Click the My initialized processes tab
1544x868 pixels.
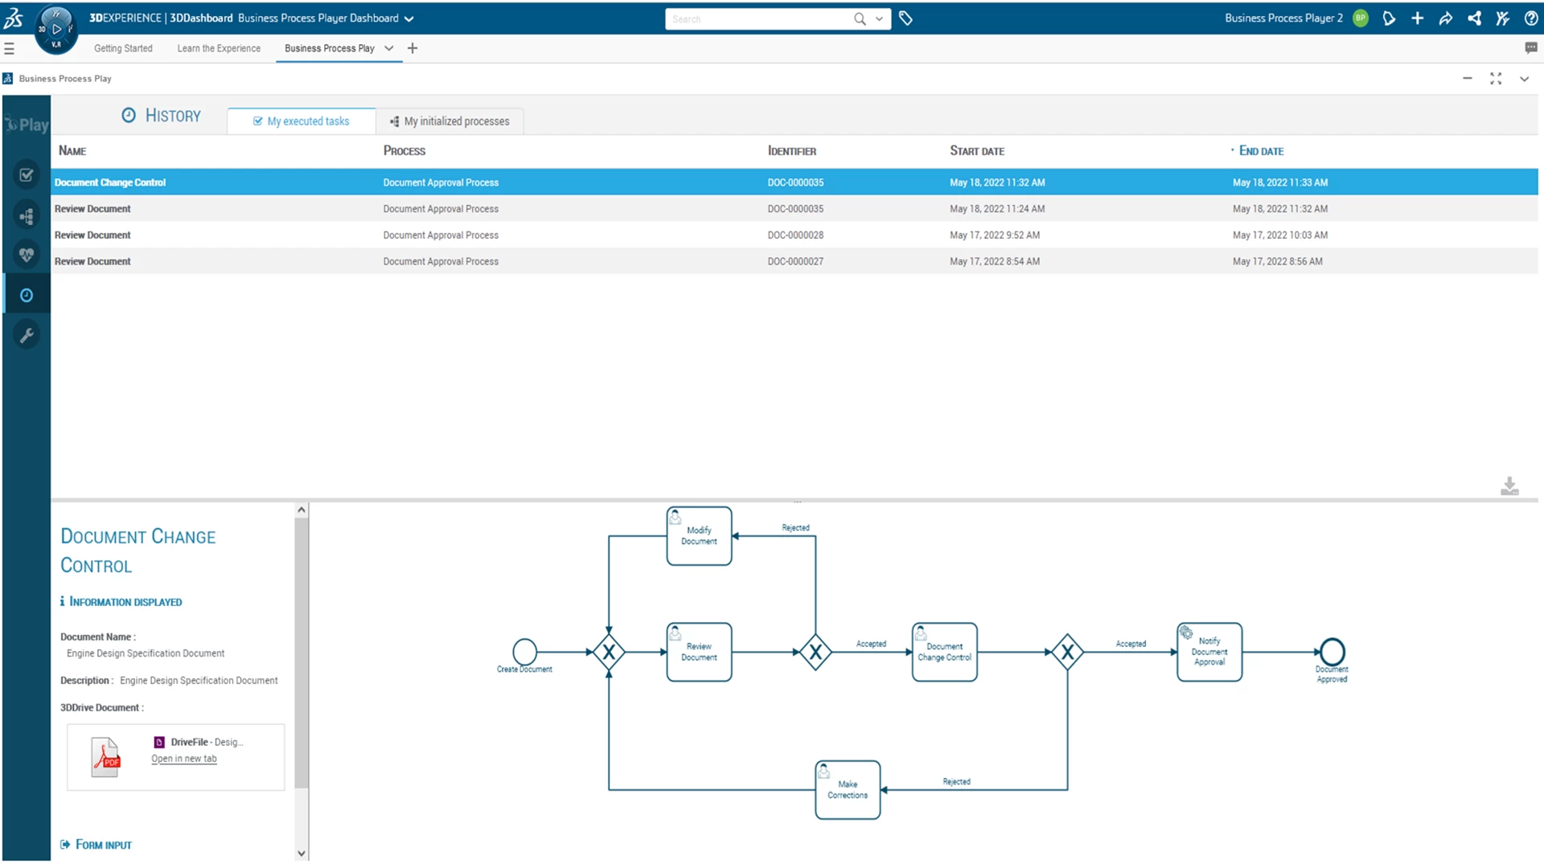pyautogui.click(x=450, y=121)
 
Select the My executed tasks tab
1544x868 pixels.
pyautogui.click(x=302, y=121)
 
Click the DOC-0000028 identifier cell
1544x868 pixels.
pyautogui.click(x=795, y=235)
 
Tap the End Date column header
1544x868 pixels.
pyautogui.click(x=1260, y=151)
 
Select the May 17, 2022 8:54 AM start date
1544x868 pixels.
pyautogui.click(x=994, y=262)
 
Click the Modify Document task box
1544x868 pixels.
pyautogui.click(x=699, y=536)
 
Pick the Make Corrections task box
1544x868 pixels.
pyautogui.click(x=848, y=790)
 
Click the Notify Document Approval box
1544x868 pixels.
pyautogui.click(x=1209, y=652)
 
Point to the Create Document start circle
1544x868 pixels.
pyautogui.click(x=524, y=651)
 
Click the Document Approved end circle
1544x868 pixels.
pyautogui.click(x=1332, y=651)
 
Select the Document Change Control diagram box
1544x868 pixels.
pyautogui.click(x=944, y=652)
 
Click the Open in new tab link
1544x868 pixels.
pyautogui.click(x=184, y=759)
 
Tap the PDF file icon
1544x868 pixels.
pyautogui.click(x=105, y=757)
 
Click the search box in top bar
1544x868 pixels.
pyautogui.click(x=760, y=19)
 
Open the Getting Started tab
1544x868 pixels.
pyautogui.click(x=123, y=48)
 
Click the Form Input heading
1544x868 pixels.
pyautogui.click(x=103, y=845)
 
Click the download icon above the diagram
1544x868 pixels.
pyautogui.click(x=1509, y=486)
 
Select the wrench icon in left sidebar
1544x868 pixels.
pyautogui.click(x=27, y=335)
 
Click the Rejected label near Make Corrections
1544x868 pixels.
pyautogui.click(x=956, y=781)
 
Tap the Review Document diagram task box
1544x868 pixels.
pyautogui.click(x=699, y=652)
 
